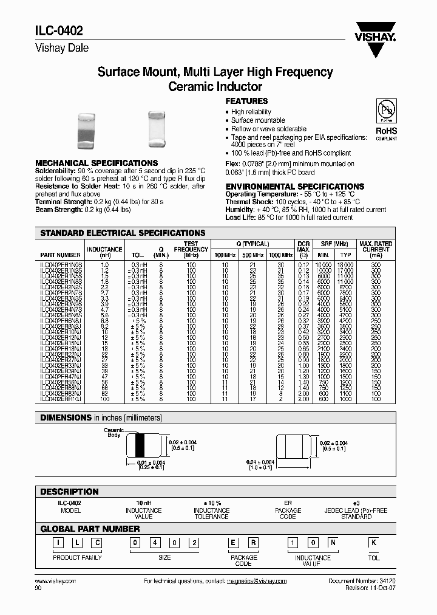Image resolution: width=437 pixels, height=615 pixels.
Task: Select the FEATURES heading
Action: click(x=246, y=101)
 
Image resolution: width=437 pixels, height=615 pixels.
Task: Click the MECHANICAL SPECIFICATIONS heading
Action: click(x=97, y=163)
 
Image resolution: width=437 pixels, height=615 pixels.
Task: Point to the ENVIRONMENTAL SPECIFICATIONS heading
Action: click(x=295, y=187)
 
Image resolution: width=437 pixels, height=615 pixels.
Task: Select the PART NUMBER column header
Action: click(x=60, y=255)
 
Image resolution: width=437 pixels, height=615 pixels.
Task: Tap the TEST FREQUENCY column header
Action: click(x=191, y=249)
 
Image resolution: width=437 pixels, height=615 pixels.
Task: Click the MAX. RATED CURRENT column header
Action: click(x=376, y=249)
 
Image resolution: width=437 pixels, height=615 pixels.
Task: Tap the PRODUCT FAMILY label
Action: click(x=77, y=557)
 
